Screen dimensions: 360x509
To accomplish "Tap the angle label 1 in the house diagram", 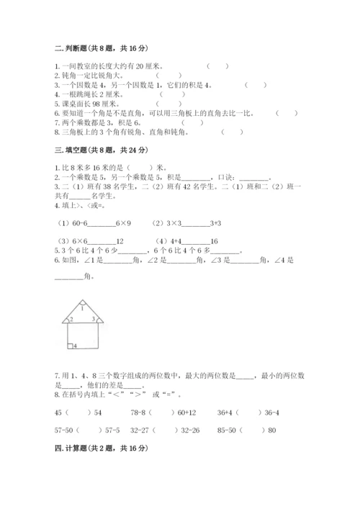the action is [81, 307].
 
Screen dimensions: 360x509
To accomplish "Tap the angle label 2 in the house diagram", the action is [71, 318].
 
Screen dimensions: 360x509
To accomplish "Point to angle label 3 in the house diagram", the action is [93, 318].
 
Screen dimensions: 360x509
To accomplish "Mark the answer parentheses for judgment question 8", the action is [232, 131].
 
